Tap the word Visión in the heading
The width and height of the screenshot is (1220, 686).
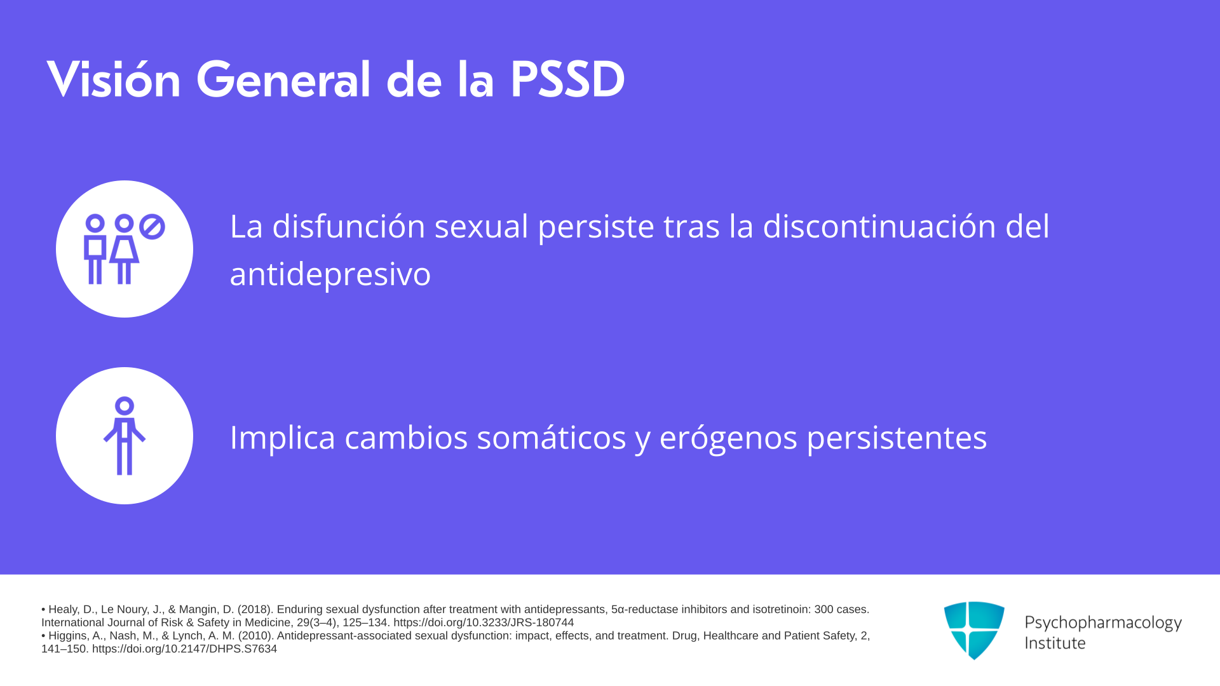[x=114, y=79]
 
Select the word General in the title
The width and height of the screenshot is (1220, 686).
[x=283, y=79]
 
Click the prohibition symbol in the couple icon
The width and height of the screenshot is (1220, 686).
[x=152, y=227]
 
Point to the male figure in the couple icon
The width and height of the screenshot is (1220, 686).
[x=95, y=250]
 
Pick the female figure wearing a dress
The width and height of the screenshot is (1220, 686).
[x=124, y=250]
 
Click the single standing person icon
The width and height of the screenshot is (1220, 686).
[x=125, y=436]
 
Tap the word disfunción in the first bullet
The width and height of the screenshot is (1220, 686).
[x=349, y=226]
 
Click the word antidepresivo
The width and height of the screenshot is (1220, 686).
[x=330, y=274]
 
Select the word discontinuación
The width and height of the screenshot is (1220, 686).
[x=879, y=226]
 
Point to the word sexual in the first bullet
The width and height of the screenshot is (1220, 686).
[x=481, y=226]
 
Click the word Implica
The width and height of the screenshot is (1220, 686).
[x=283, y=438]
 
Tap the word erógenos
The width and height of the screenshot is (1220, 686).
[x=728, y=438]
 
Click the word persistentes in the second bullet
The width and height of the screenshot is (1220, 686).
[x=897, y=438]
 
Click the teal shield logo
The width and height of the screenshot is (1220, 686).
[x=974, y=630]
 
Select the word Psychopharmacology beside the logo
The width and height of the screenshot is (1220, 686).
[x=1103, y=623]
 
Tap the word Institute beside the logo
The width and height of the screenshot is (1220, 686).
[x=1055, y=643]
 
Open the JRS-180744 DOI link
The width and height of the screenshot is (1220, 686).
[x=484, y=623]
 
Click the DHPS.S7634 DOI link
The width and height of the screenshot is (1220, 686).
[x=184, y=649]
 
